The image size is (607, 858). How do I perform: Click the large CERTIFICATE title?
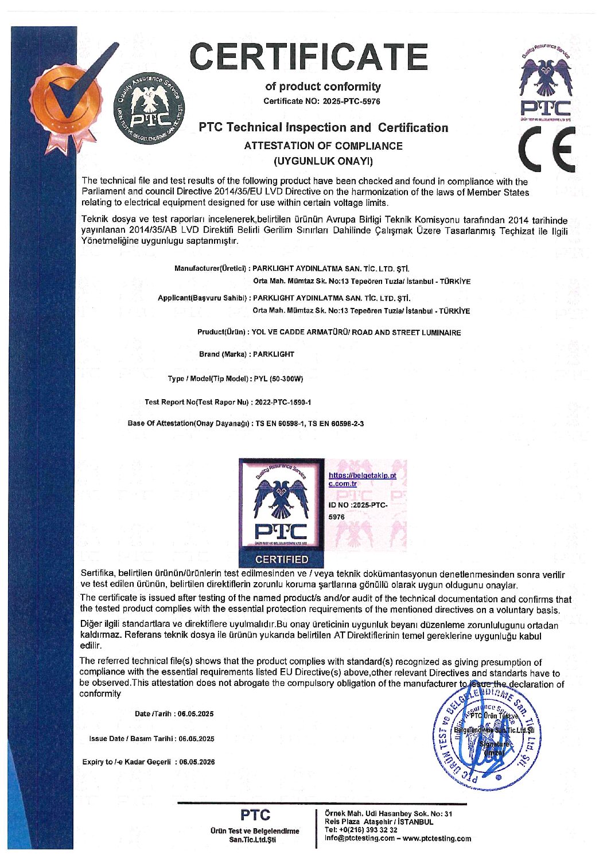309,56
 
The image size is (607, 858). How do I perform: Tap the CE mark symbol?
547,149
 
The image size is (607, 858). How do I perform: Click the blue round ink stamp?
486,736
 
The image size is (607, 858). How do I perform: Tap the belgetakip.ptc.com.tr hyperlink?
361,479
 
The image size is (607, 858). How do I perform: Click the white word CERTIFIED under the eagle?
282,559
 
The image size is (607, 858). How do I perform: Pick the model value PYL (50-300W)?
278,379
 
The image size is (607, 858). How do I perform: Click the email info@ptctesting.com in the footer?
360,838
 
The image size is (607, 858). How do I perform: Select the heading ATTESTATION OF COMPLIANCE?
323,146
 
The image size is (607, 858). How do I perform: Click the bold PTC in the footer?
255,815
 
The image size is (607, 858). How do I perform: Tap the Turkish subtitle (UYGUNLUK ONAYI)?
323,160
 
